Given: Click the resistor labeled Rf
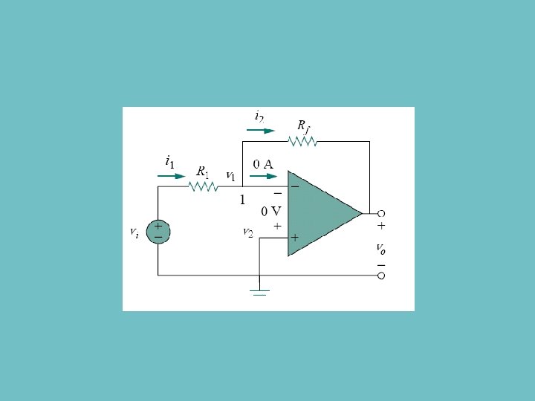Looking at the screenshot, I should tap(302, 141).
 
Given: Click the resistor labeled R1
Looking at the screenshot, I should tap(203, 186).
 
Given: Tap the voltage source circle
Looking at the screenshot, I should tap(158, 230).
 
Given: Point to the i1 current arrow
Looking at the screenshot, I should tap(172, 177).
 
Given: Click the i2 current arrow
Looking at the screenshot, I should tap(259, 129).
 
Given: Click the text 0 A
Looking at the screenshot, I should tap(264, 163).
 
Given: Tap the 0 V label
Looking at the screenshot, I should tap(270, 210).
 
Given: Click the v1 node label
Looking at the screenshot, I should tap(230, 177).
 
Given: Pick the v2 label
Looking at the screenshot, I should tap(248, 232).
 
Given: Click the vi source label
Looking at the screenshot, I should tap(134, 232).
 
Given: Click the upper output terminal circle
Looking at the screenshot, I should tap(381, 214).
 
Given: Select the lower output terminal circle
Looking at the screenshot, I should tap(381, 276).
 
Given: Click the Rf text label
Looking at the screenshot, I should tap(303, 125).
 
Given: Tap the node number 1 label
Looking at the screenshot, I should tap(241, 200).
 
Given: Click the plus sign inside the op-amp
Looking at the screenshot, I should tap(295, 238).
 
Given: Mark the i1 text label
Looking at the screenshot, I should tap(169, 160).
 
